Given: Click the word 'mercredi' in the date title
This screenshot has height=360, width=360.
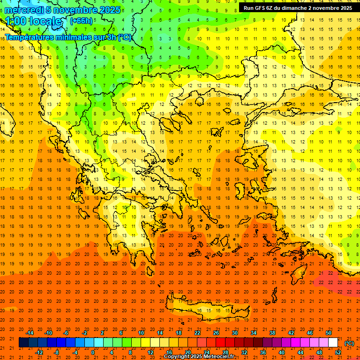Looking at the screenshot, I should point(24,10).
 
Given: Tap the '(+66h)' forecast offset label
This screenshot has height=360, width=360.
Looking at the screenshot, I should point(81,21).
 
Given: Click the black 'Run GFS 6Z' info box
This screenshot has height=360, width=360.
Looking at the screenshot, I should point(298,8).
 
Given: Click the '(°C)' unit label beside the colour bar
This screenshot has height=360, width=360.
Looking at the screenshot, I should point(349,343).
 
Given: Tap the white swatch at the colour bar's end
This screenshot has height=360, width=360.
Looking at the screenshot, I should point(333,343).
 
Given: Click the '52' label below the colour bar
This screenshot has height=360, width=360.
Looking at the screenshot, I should point(338,352).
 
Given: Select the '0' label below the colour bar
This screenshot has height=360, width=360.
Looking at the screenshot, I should point(93,352).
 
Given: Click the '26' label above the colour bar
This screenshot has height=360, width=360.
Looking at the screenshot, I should point(216,333).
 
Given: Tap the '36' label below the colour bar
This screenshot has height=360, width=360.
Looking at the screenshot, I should point(262,352).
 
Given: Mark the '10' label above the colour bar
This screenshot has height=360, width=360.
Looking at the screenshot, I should point(141,333).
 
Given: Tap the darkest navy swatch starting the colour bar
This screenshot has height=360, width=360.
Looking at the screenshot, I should point(23,343).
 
